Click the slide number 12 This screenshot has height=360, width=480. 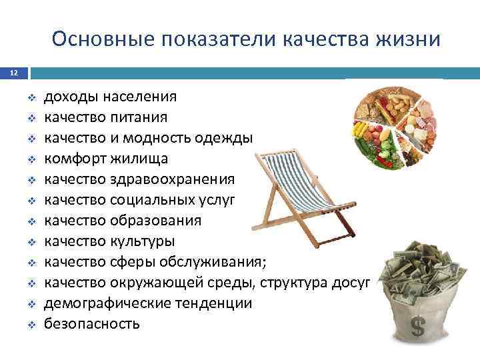point(13,73)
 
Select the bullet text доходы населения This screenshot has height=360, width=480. point(110,97)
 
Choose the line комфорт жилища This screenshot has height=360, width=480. point(106,159)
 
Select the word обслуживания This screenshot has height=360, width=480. point(215,262)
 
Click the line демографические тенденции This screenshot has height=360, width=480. point(148,303)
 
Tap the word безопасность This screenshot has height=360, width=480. point(92,324)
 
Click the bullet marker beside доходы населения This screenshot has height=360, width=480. point(31,97)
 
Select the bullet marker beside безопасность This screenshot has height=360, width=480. point(31,325)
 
